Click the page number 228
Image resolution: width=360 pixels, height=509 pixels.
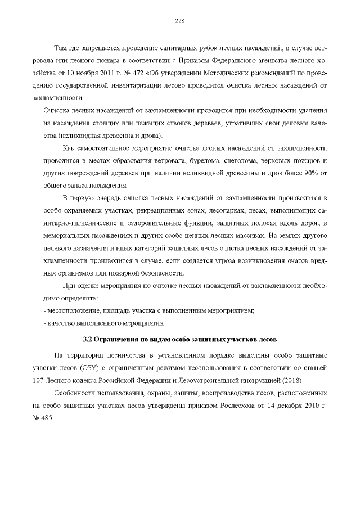point(180,21)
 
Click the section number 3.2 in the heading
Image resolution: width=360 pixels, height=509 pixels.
point(87,340)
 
